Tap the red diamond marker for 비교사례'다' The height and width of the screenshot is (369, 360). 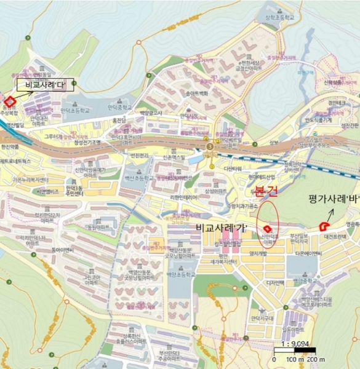(x=10, y=101)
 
